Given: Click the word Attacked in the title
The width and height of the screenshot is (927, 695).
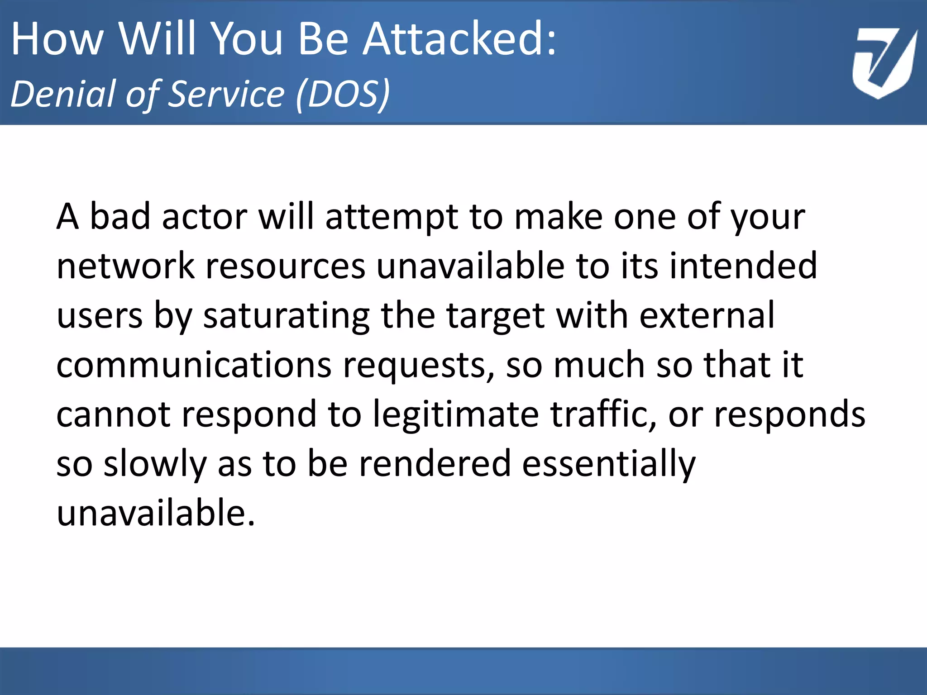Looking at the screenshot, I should (x=459, y=40).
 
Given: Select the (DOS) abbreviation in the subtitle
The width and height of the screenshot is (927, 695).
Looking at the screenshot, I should (x=343, y=94).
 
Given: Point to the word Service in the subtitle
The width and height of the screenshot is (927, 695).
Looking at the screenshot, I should (x=226, y=94).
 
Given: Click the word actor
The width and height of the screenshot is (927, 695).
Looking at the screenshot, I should (x=204, y=217).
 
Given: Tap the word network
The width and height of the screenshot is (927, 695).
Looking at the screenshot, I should (x=125, y=266).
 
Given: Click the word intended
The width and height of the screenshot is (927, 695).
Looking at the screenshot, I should (x=743, y=266).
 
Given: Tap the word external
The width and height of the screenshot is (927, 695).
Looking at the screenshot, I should (x=707, y=316).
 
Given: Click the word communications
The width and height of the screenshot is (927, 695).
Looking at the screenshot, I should (x=194, y=365).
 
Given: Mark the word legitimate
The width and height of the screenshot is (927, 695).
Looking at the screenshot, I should (x=456, y=415).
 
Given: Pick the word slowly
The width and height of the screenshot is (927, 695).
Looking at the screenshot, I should (x=155, y=465).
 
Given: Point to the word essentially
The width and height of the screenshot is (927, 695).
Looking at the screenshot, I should (x=609, y=465).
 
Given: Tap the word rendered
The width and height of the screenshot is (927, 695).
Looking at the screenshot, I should (x=435, y=464).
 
